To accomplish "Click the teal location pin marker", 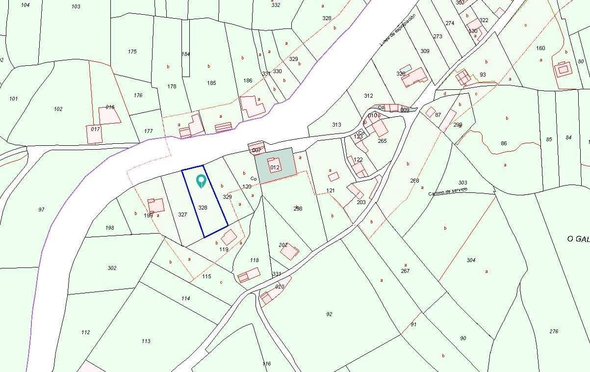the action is click(x=201, y=182).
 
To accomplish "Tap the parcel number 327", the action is click(x=182, y=214).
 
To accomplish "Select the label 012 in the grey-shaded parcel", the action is click(x=275, y=167).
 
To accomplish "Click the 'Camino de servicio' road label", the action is click(x=448, y=191).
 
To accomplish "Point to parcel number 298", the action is click(x=298, y=209).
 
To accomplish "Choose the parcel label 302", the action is click(x=112, y=268).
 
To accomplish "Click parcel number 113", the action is click(x=146, y=341).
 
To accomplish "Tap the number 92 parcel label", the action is click(x=329, y=314).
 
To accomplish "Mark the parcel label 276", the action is click(x=554, y=331).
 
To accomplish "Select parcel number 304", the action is click(x=471, y=260).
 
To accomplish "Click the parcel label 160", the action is click(x=540, y=48).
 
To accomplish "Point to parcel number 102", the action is click(x=58, y=109).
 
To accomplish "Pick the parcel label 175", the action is click(x=132, y=52).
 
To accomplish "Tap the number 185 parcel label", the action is click(x=211, y=83).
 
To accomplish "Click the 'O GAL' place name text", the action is click(x=578, y=239).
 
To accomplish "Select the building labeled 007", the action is click(x=257, y=150).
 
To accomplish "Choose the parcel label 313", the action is click(x=336, y=125).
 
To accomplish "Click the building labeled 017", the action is click(x=95, y=130).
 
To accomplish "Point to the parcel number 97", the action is click(x=41, y=210).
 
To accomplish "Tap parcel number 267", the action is click(x=405, y=271).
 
